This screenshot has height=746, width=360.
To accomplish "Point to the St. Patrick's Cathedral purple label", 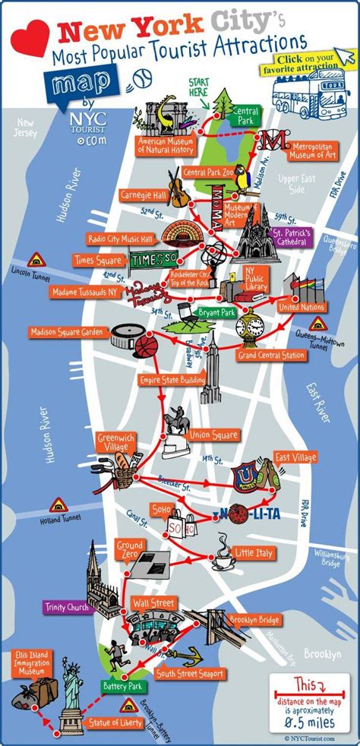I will click(x=289, y=235).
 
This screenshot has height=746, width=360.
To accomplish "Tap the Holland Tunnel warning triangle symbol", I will click(x=58, y=504).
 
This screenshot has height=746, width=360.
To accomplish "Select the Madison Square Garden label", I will click(x=67, y=332).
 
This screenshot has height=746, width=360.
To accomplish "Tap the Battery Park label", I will click(x=122, y=686).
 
